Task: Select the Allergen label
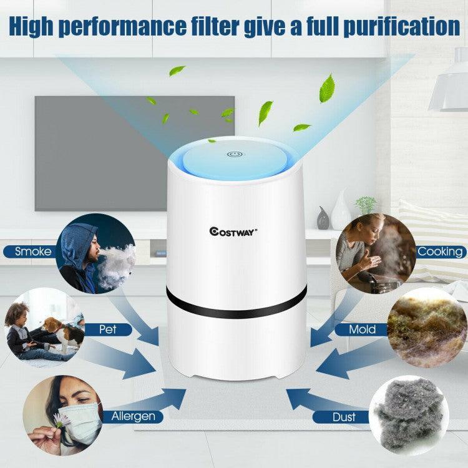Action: click(x=133, y=416)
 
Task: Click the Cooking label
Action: click(x=441, y=252)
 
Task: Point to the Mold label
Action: click(x=362, y=329)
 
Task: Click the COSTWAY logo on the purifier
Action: click(x=233, y=231)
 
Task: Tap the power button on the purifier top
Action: click(x=235, y=154)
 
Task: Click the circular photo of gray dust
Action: click(x=409, y=413)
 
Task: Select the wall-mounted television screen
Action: click(x=134, y=153)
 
